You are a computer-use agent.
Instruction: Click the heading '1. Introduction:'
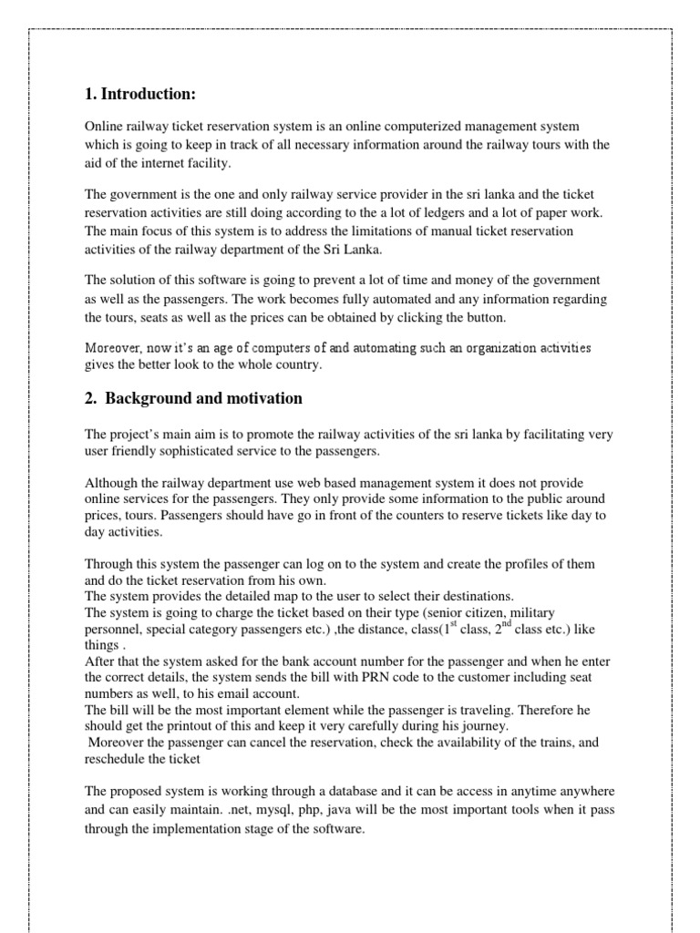[x=139, y=95]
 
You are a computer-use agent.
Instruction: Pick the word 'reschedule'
[x=116, y=758]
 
